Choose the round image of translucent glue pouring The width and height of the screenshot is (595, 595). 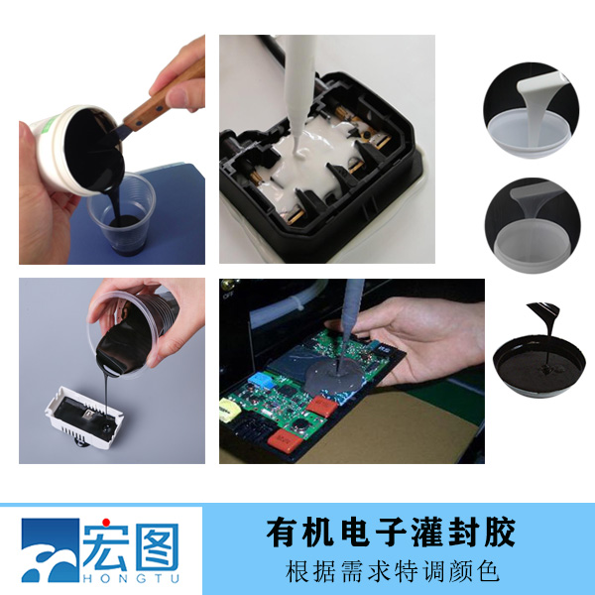coord(531,223)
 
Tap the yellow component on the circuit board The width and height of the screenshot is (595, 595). coord(234,408)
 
